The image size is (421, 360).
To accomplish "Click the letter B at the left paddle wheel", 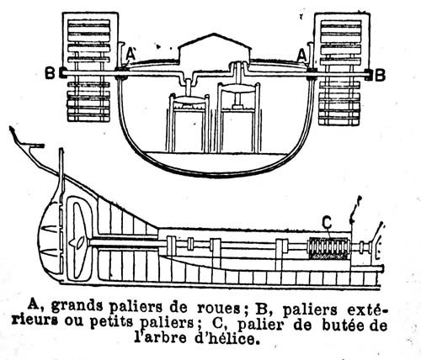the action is (x=50, y=73).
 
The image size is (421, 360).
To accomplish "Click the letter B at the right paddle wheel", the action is (x=380, y=75).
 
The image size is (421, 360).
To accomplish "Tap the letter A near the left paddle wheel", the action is (x=131, y=54).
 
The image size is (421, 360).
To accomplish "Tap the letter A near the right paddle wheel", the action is (x=302, y=56).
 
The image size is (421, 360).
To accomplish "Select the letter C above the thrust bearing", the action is (x=327, y=223).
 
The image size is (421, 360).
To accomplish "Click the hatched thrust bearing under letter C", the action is (x=329, y=248).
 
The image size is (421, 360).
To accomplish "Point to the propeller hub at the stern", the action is (x=77, y=242).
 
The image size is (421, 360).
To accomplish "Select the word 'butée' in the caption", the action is (x=342, y=326).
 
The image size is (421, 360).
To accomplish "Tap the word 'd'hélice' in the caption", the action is (x=226, y=338).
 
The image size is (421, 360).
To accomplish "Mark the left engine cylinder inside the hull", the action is (x=189, y=124).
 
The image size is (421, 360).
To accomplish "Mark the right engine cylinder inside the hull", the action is (x=239, y=119).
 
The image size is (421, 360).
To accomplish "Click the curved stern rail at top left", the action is (x=27, y=140).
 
